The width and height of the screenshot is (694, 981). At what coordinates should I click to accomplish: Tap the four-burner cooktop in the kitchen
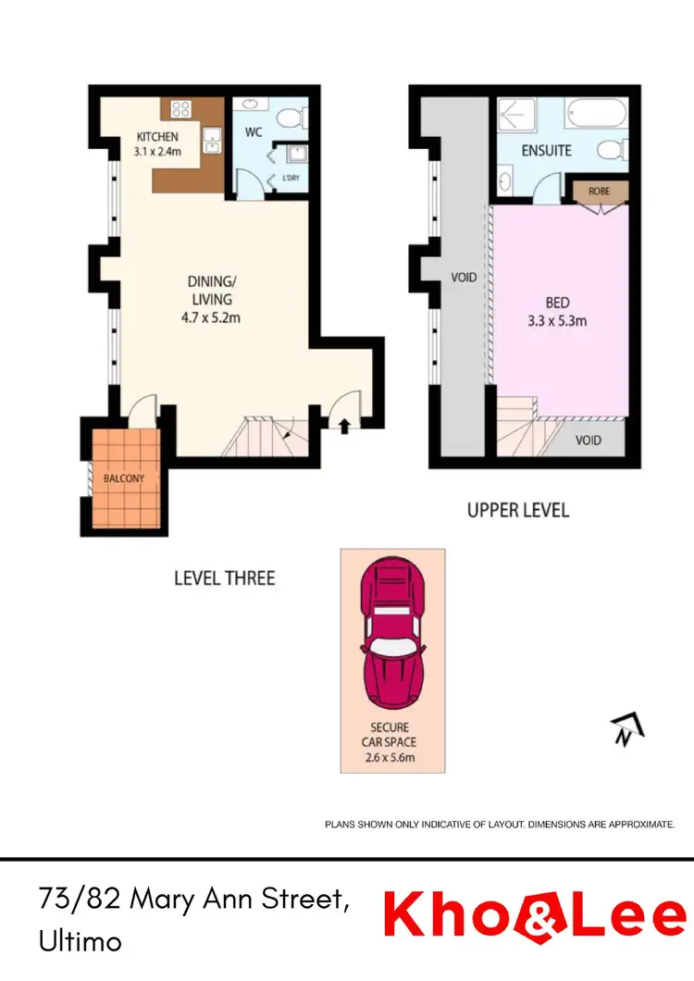pos(180,109)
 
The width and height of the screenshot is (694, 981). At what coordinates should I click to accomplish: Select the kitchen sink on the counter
pos(212,140)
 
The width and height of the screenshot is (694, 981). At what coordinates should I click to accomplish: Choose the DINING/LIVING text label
pos(210,291)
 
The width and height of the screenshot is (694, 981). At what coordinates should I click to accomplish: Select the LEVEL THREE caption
pos(225,578)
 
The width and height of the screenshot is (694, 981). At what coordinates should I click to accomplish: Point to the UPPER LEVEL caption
pos(518,510)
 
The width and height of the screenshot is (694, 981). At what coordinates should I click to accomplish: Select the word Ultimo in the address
pos(81,941)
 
